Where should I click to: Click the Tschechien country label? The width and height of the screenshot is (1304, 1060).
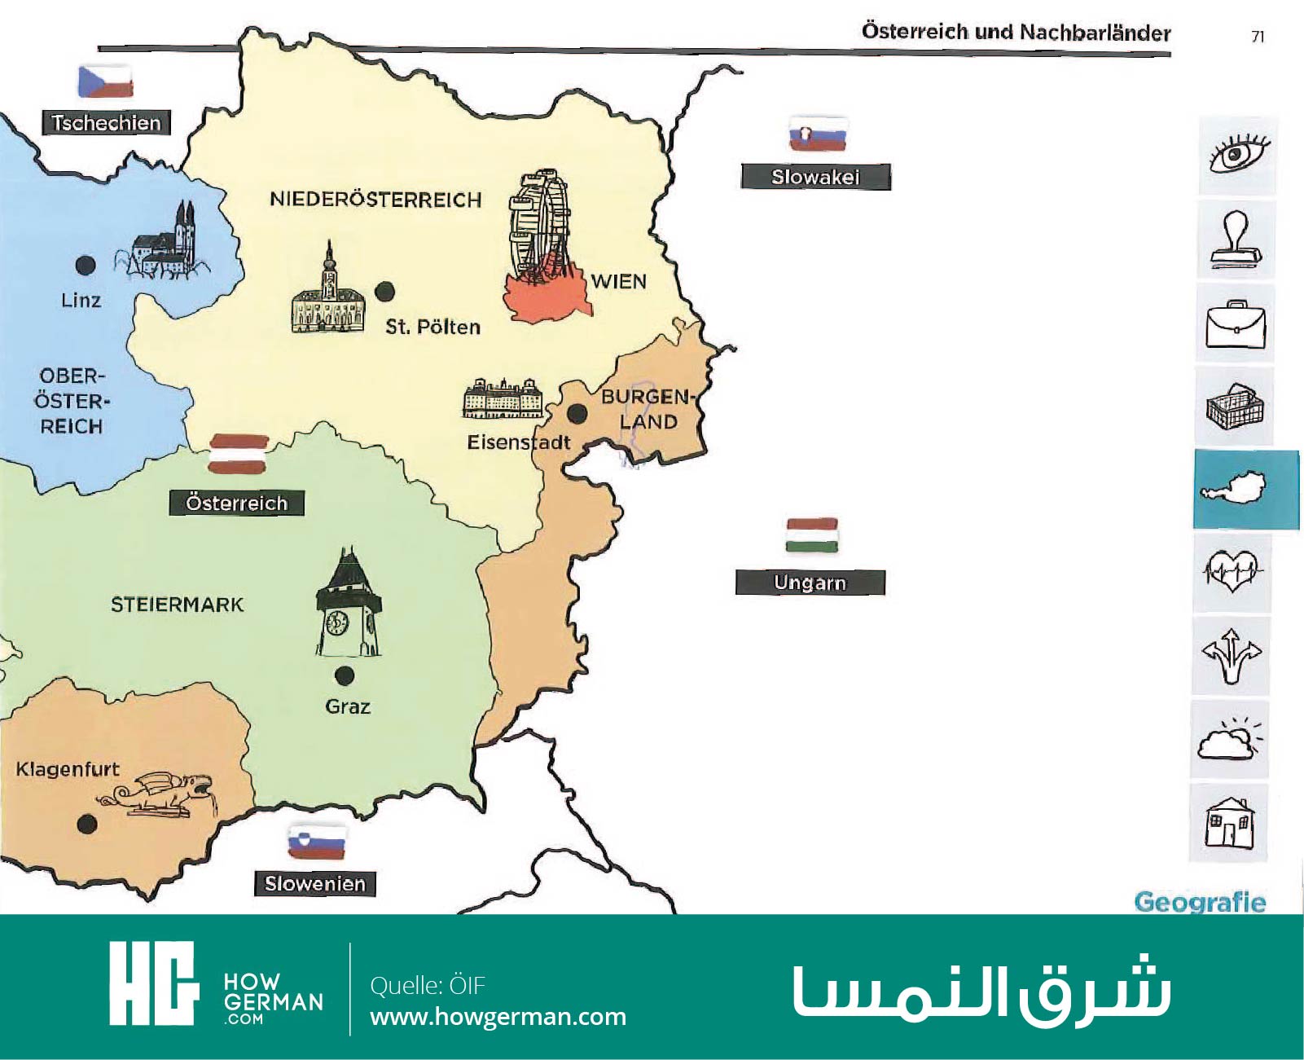click(x=106, y=123)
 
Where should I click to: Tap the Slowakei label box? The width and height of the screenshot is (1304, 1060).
click(x=815, y=177)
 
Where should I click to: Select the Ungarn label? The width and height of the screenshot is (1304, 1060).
click(x=810, y=583)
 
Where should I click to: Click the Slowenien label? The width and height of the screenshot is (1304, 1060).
click(x=315, y=884)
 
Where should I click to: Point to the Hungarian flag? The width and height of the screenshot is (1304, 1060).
click(x=812, y=535)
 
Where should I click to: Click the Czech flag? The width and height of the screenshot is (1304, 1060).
click(x=105, y=81)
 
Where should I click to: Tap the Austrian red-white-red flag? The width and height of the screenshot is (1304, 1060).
click(x=239, y=454)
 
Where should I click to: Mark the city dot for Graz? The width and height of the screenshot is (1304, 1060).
click(x=344, y=675)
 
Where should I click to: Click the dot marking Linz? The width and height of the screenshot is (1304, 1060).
click(x=85, y=265)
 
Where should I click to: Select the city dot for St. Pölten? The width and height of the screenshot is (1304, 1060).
click(x=385, y=291)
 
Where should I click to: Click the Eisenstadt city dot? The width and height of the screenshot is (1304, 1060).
click(x=577, y=414)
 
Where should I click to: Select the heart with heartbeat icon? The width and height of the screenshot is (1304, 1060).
click(x=1232, y=570)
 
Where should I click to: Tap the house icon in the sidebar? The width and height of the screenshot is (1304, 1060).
click(x=1231, y=822)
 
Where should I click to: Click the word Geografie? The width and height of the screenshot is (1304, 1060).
click(x=1199, y=903)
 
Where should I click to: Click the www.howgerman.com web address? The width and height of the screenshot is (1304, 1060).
click(x=498, y=1018)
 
